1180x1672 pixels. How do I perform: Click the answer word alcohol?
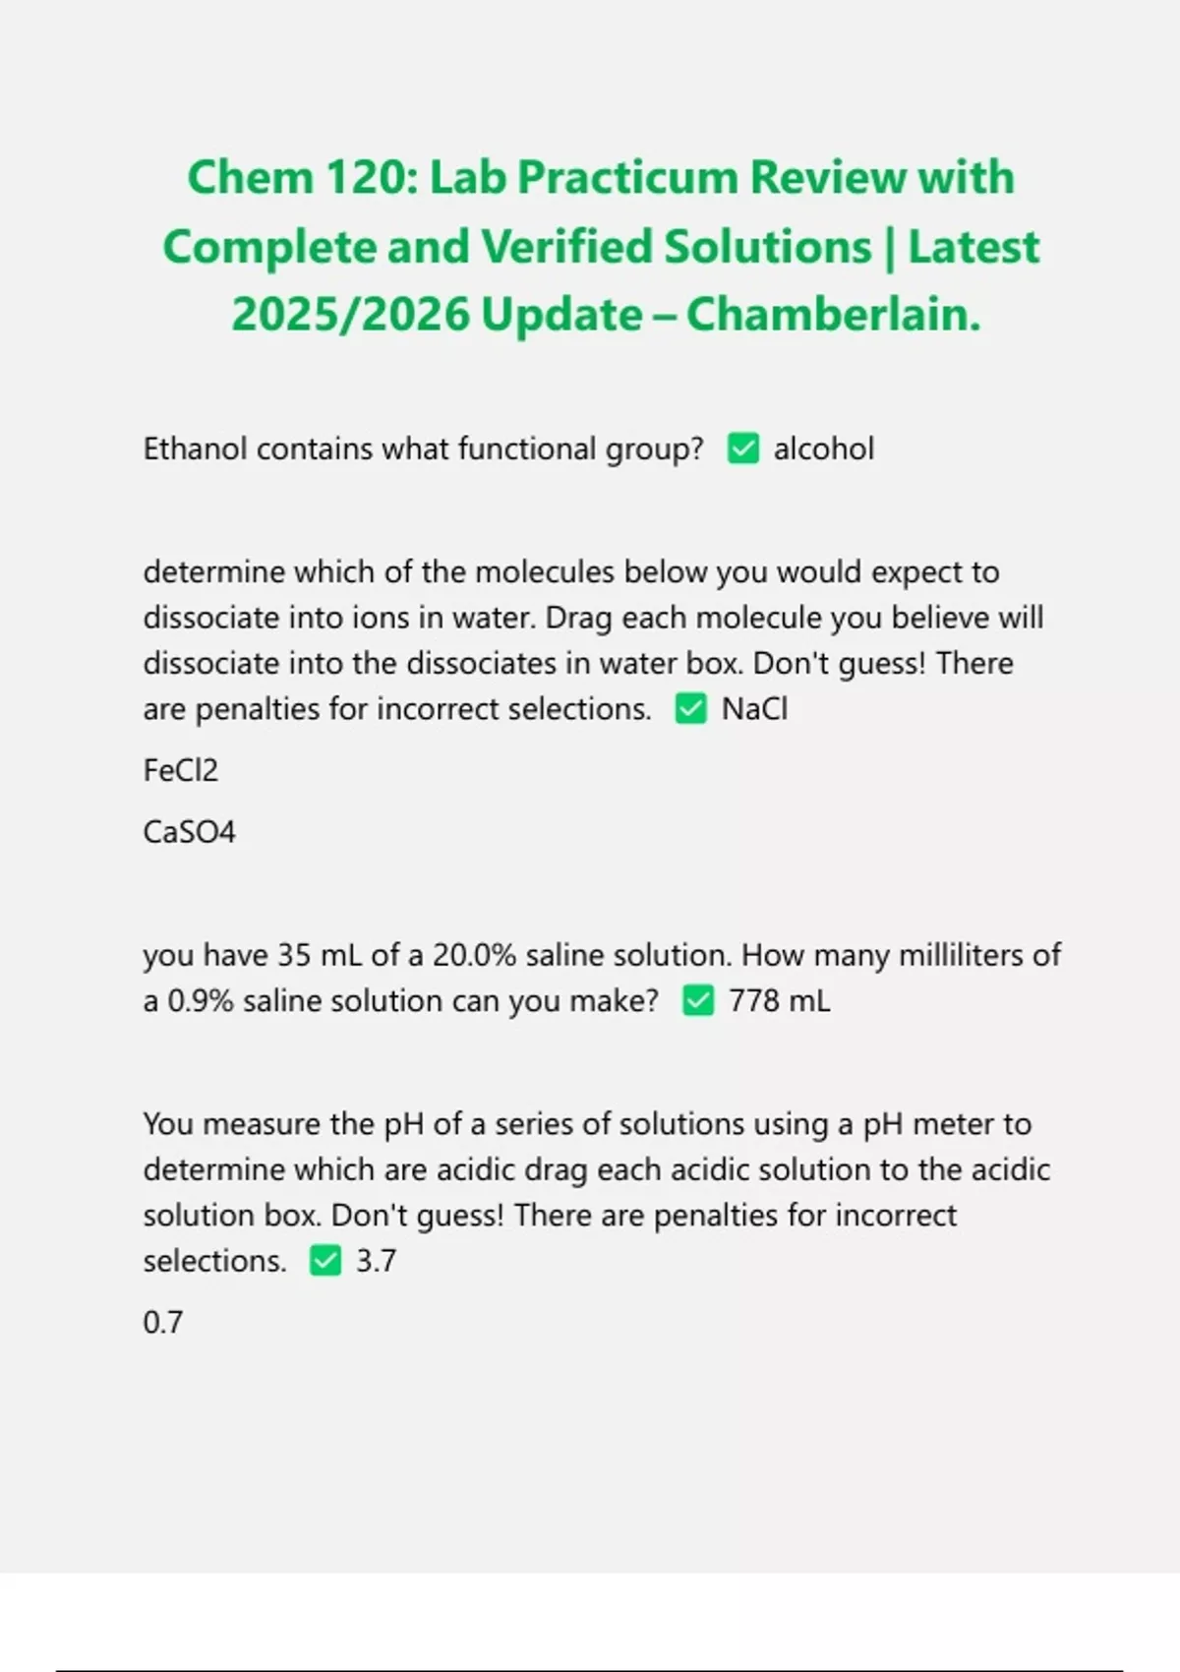point(823,449)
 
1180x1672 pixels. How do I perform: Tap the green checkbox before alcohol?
point(743,449)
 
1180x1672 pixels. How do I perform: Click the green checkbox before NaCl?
point(691,709)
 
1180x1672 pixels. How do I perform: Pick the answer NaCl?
point(754,709)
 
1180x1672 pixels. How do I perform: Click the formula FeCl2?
point(181,770)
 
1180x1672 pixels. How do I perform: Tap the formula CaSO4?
point(190,832)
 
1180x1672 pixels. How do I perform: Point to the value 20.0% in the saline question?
point(474,955)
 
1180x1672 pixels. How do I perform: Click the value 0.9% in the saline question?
point(201,1001)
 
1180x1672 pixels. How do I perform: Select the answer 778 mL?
point(779,1001)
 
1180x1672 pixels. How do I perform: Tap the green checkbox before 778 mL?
point(698,1001)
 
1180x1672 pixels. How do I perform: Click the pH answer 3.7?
point(376,1261)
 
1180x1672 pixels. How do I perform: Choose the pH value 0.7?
point(163,1323)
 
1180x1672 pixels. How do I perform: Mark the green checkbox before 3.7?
point(325,1261)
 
